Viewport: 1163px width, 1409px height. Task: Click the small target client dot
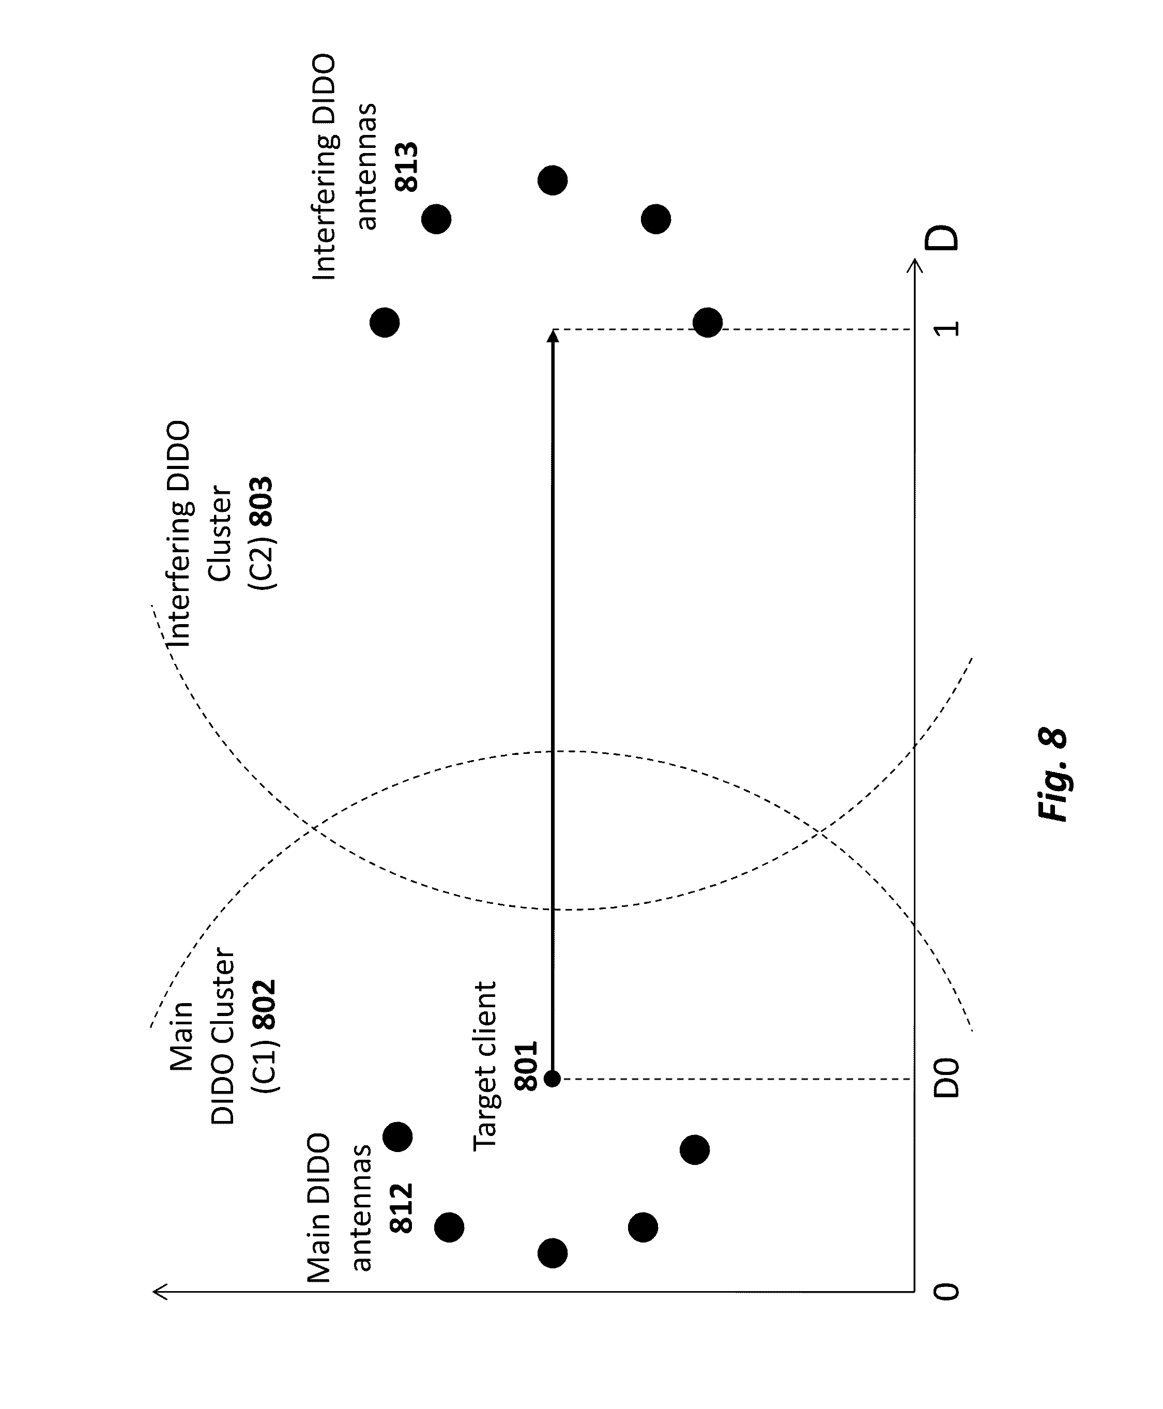click(x=553, y=1079)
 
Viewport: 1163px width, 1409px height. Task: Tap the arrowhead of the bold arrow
click(x=553, y=336)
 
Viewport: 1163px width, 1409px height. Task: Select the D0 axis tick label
click(x=946, y=1079)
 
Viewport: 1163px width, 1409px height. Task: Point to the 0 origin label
click(x=946, y=1292)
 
